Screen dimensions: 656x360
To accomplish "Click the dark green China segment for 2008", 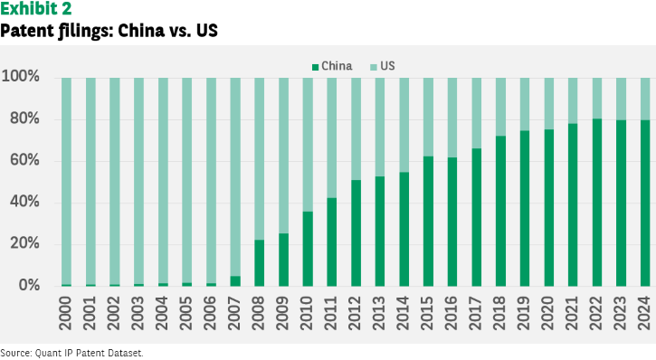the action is pyautogui.click(x=260, y=263).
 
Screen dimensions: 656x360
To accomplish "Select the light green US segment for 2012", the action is pyautogui.click(x=356, y=128).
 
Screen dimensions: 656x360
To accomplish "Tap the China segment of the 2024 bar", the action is pyautogui.click(x=645, y=204).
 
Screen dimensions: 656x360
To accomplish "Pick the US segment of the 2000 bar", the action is pyautogui.click(x=67, y=181).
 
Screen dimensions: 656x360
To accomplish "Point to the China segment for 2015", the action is pyautogui.click(x=428, y=222).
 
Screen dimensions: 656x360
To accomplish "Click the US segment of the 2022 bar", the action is pyautogui.click(x=597, y=99).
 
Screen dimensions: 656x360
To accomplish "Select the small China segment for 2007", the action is pyautogui.click(x=235, y=281).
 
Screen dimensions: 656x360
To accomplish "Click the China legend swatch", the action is pyautogui.click(x=316, y=67).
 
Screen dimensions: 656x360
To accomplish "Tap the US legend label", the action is pyautogui.click(x=387, y=66).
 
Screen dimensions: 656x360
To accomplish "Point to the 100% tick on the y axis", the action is pyautogui.click(x=21, y=76).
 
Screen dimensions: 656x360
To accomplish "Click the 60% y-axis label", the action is pyautogui.click(x=24, y=160).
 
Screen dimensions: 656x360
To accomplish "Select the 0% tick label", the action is pyautogui.click(x=29, y=285).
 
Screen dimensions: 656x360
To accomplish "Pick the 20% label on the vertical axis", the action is pyautogui.click(x=24, y=243).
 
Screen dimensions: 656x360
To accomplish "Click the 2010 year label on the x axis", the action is pyautogui.click(x=307, y=313).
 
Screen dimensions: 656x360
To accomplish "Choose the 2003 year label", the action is pyautogui.click(x=138, y=313).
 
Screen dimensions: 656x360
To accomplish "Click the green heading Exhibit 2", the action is pyautogui.click(x=36, y=8).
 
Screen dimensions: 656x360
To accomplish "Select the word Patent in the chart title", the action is pyautogui.click(x=27, y=31).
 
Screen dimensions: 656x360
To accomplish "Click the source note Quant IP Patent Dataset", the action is pyautogui.click(x=89, y=354).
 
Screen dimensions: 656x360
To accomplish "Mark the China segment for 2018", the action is pyautogui.click(x=500, y=211).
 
